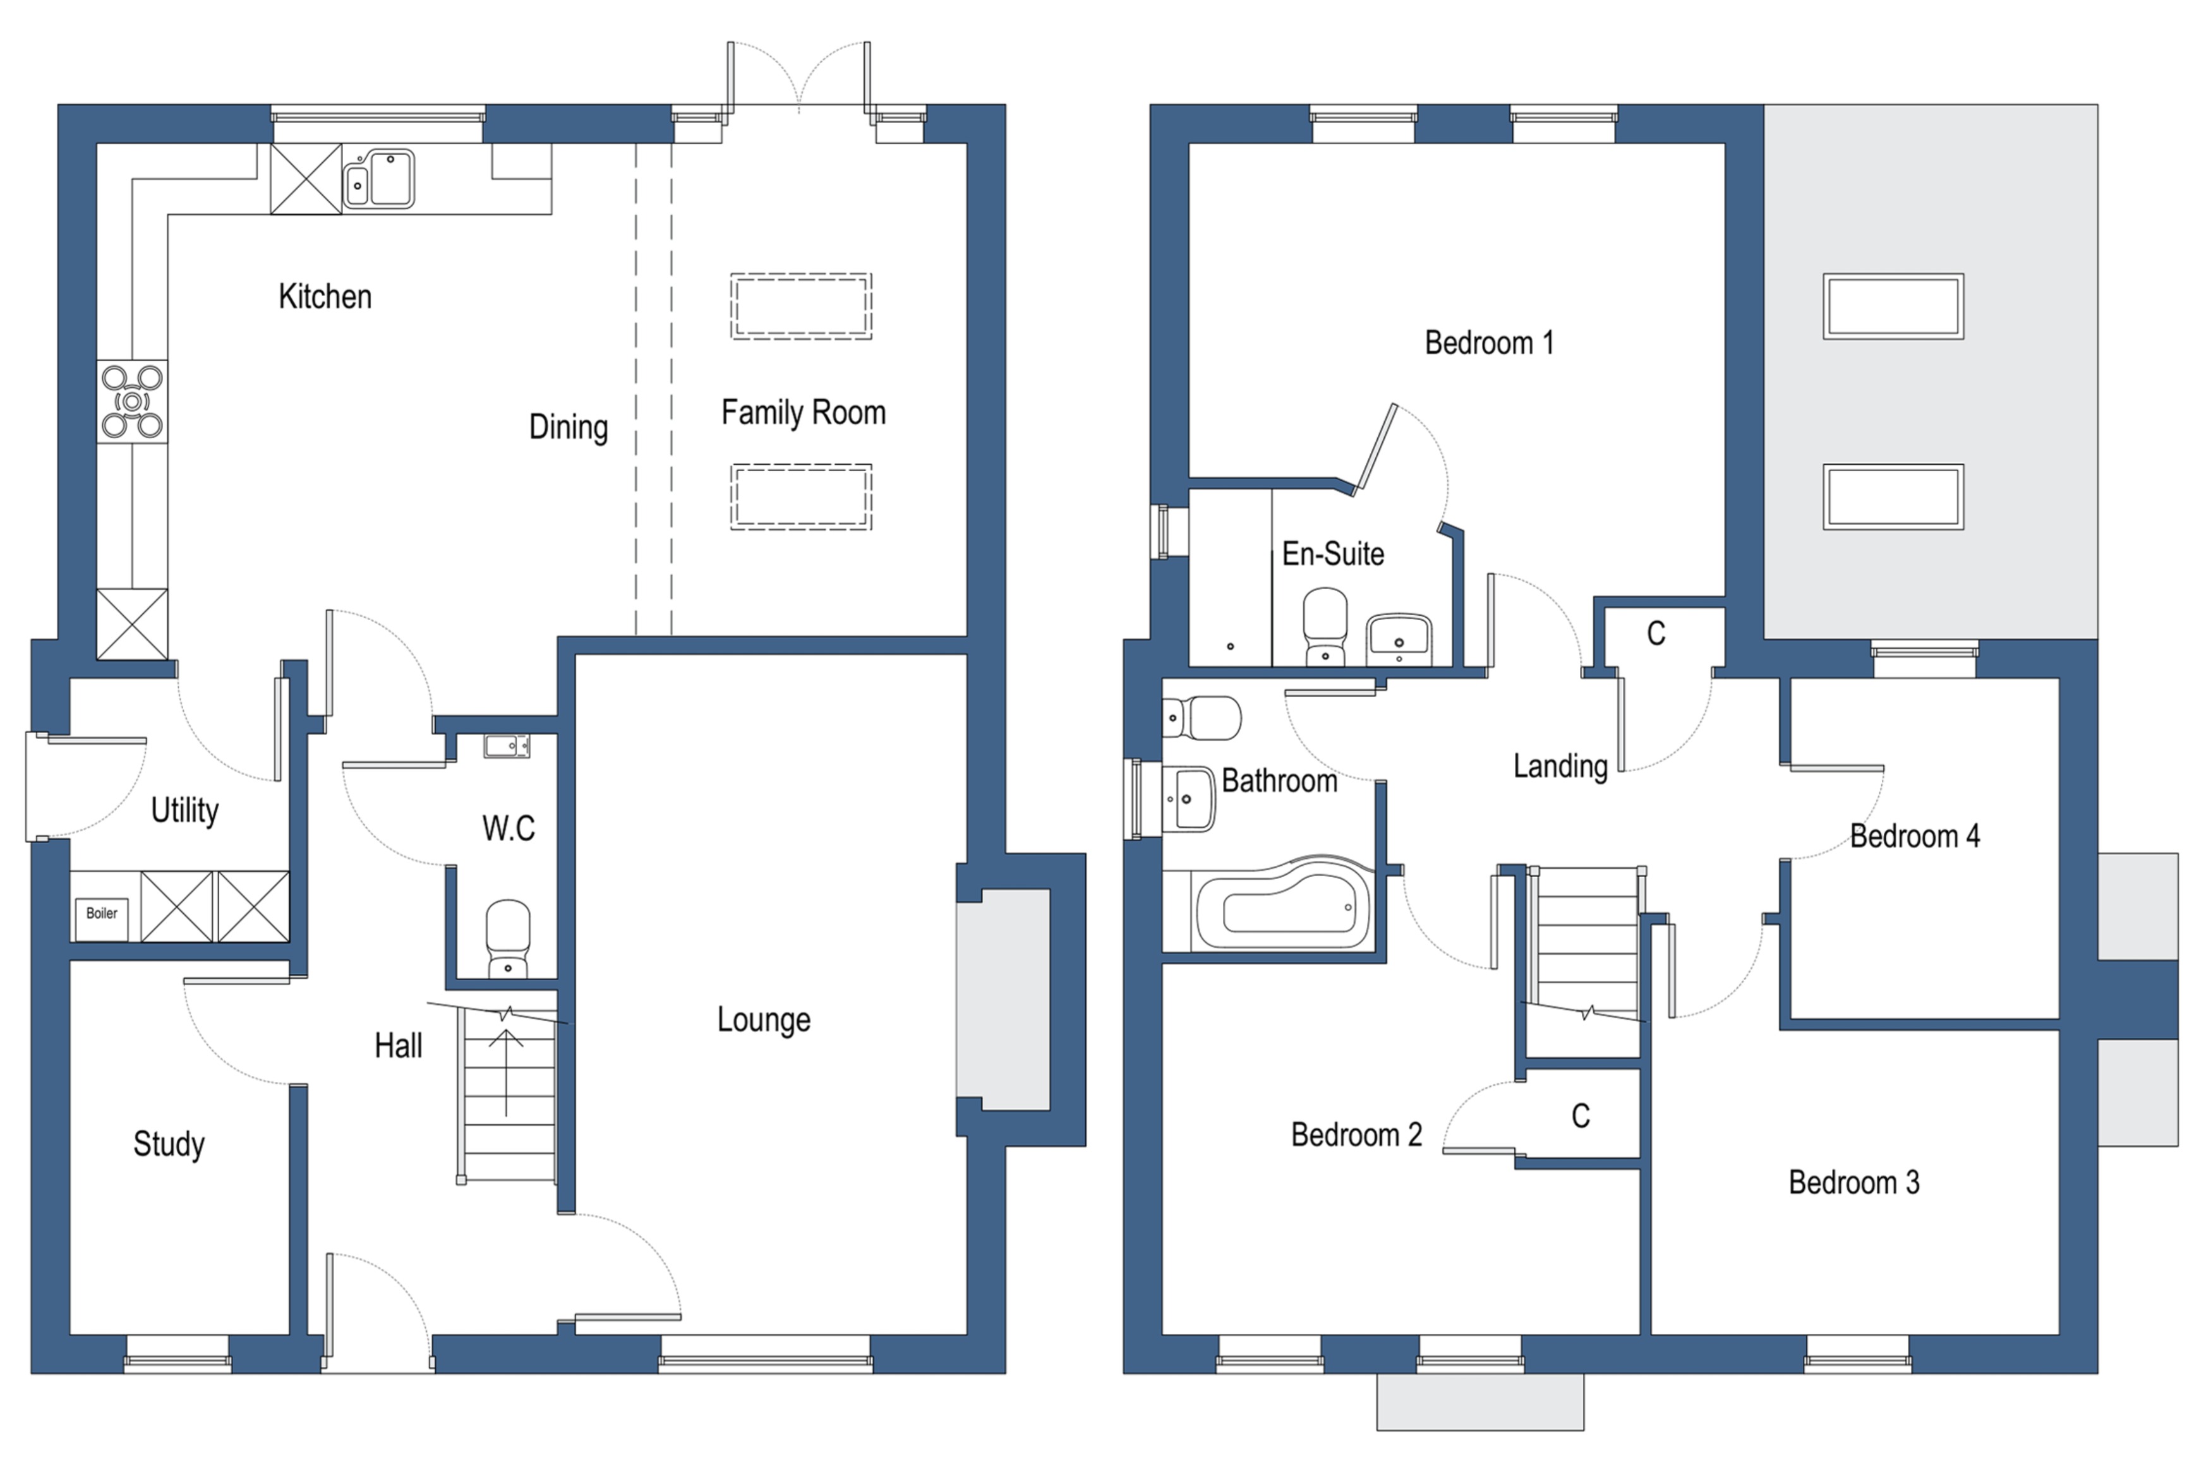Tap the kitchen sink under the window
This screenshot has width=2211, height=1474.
[379, 179]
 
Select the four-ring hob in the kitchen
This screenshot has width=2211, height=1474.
[133, 402]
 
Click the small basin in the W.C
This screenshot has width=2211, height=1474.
[507, 746]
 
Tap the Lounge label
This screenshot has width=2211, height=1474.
[763, 1020]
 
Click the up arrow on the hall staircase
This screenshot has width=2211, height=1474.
[506, 1072]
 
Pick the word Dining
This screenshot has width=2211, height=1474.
[568, 427]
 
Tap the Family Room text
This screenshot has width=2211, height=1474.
[803, 412]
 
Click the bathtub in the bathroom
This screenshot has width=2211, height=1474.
[1283, 910]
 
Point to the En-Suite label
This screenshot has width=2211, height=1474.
[1332, 554]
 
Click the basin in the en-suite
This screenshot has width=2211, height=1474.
[1398, 638]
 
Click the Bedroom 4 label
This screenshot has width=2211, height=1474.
[1914, 836]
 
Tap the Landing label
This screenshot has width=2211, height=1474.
[1560, 766]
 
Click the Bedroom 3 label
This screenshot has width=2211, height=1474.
[1853, 1183]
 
